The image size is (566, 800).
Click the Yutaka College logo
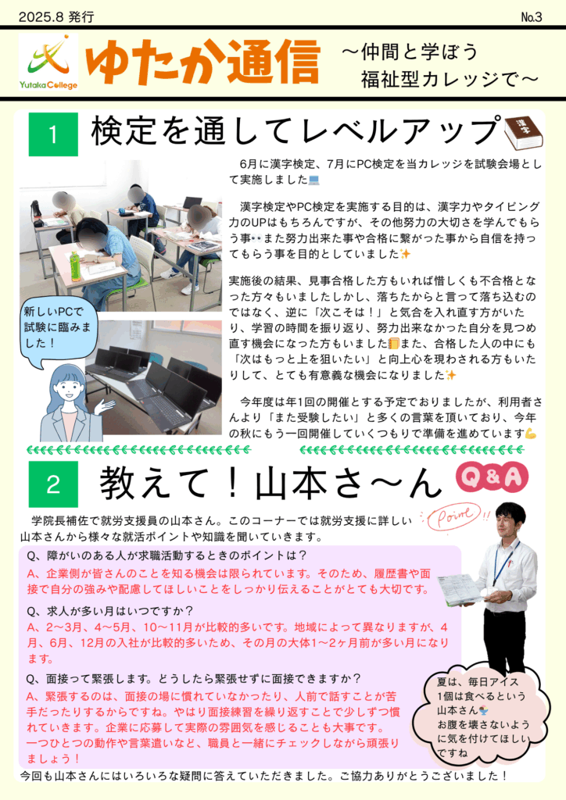pyautogui.click(x=48, y=62)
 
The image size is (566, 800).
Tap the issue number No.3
pyautogui.click(x=531, y=17)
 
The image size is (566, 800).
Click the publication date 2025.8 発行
pyautogui.click(x=56, y=17)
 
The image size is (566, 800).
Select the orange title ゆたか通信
pyautogui.click(x=203, y=62)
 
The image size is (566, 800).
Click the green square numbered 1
pyautogui.click(x=54, y=134)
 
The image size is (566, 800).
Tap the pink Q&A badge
pyautogui.click(x=492, y=477)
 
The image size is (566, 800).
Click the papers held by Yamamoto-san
pyautogui.click(x=460, y=589)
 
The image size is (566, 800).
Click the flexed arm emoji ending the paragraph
pyautogui.click(x=531, y=434)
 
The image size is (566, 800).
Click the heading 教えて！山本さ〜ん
pyautogui.click(x=271, y=483)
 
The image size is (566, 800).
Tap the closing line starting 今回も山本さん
pyautogui.click(x=264, y=776)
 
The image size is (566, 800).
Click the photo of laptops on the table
pyautogui.click(x=154, y=377)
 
